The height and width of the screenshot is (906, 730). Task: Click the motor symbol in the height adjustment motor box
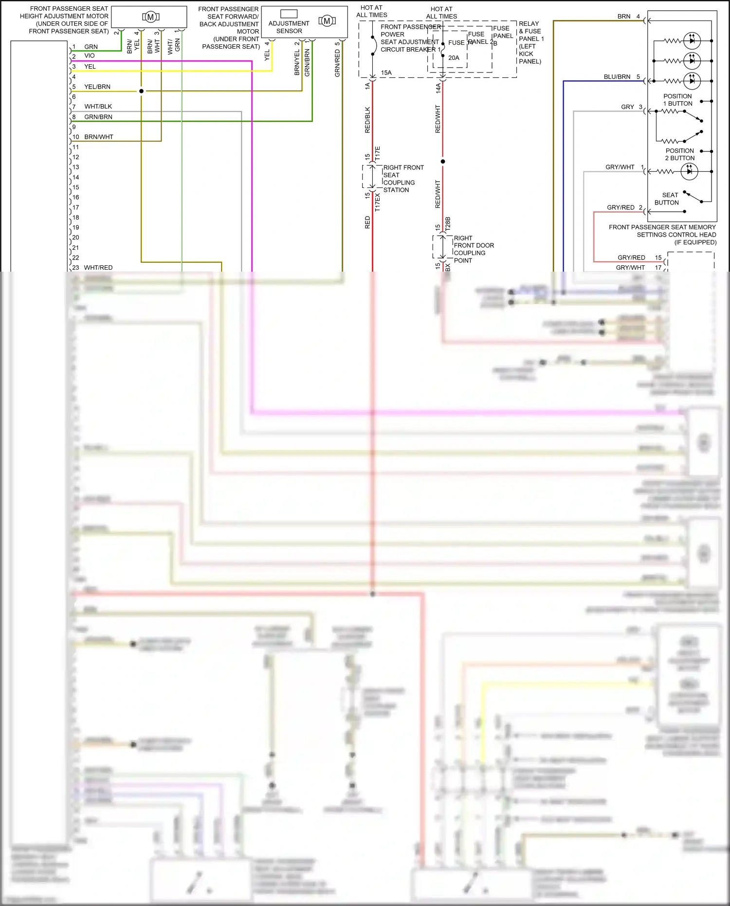point(150,17)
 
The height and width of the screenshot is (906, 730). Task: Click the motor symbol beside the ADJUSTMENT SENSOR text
point(327,20)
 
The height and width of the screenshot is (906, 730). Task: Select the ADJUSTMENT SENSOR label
point(289,27)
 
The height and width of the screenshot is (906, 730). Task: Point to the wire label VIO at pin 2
point(90,56)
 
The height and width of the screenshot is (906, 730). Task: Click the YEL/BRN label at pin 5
point(97,87)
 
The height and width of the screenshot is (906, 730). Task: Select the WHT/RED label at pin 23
point(98,268)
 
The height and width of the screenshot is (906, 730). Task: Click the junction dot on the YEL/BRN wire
point(142,91)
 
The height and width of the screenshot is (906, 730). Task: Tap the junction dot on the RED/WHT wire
point(442,161)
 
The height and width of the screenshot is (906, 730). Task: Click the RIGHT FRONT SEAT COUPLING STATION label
point(403,179)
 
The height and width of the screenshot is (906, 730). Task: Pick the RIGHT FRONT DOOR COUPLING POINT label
point(473,249)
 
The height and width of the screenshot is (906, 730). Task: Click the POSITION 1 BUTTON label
point(677,100)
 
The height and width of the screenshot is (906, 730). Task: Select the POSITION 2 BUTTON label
point(680,154)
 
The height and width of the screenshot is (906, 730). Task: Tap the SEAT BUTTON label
point(667,199)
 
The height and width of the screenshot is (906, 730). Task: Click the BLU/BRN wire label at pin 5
point(617,77)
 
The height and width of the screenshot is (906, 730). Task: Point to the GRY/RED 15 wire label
point(631,258)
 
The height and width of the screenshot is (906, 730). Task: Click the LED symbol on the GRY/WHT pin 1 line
point(689,171)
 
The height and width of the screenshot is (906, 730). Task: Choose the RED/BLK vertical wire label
point(367,120)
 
